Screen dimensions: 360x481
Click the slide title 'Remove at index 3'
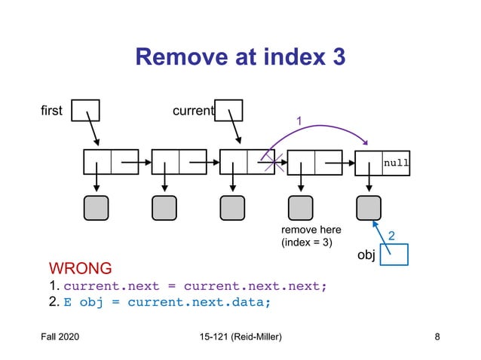(x=240, y=56)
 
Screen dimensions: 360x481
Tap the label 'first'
(x=53, y=112)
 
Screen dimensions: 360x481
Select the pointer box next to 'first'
(x=85, y=111)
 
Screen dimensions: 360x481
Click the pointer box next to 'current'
(x=228, y=111)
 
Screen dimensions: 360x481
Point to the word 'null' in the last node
(x=396, y=162)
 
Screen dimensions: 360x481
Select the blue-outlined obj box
(x=394, y=255)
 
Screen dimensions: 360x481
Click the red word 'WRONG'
(x=80, y=268)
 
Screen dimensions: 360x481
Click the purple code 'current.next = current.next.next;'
(x=195, y=286)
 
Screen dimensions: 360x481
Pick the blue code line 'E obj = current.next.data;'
(x=166, y=303)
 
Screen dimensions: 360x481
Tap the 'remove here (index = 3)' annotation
(x=311, y=236)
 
